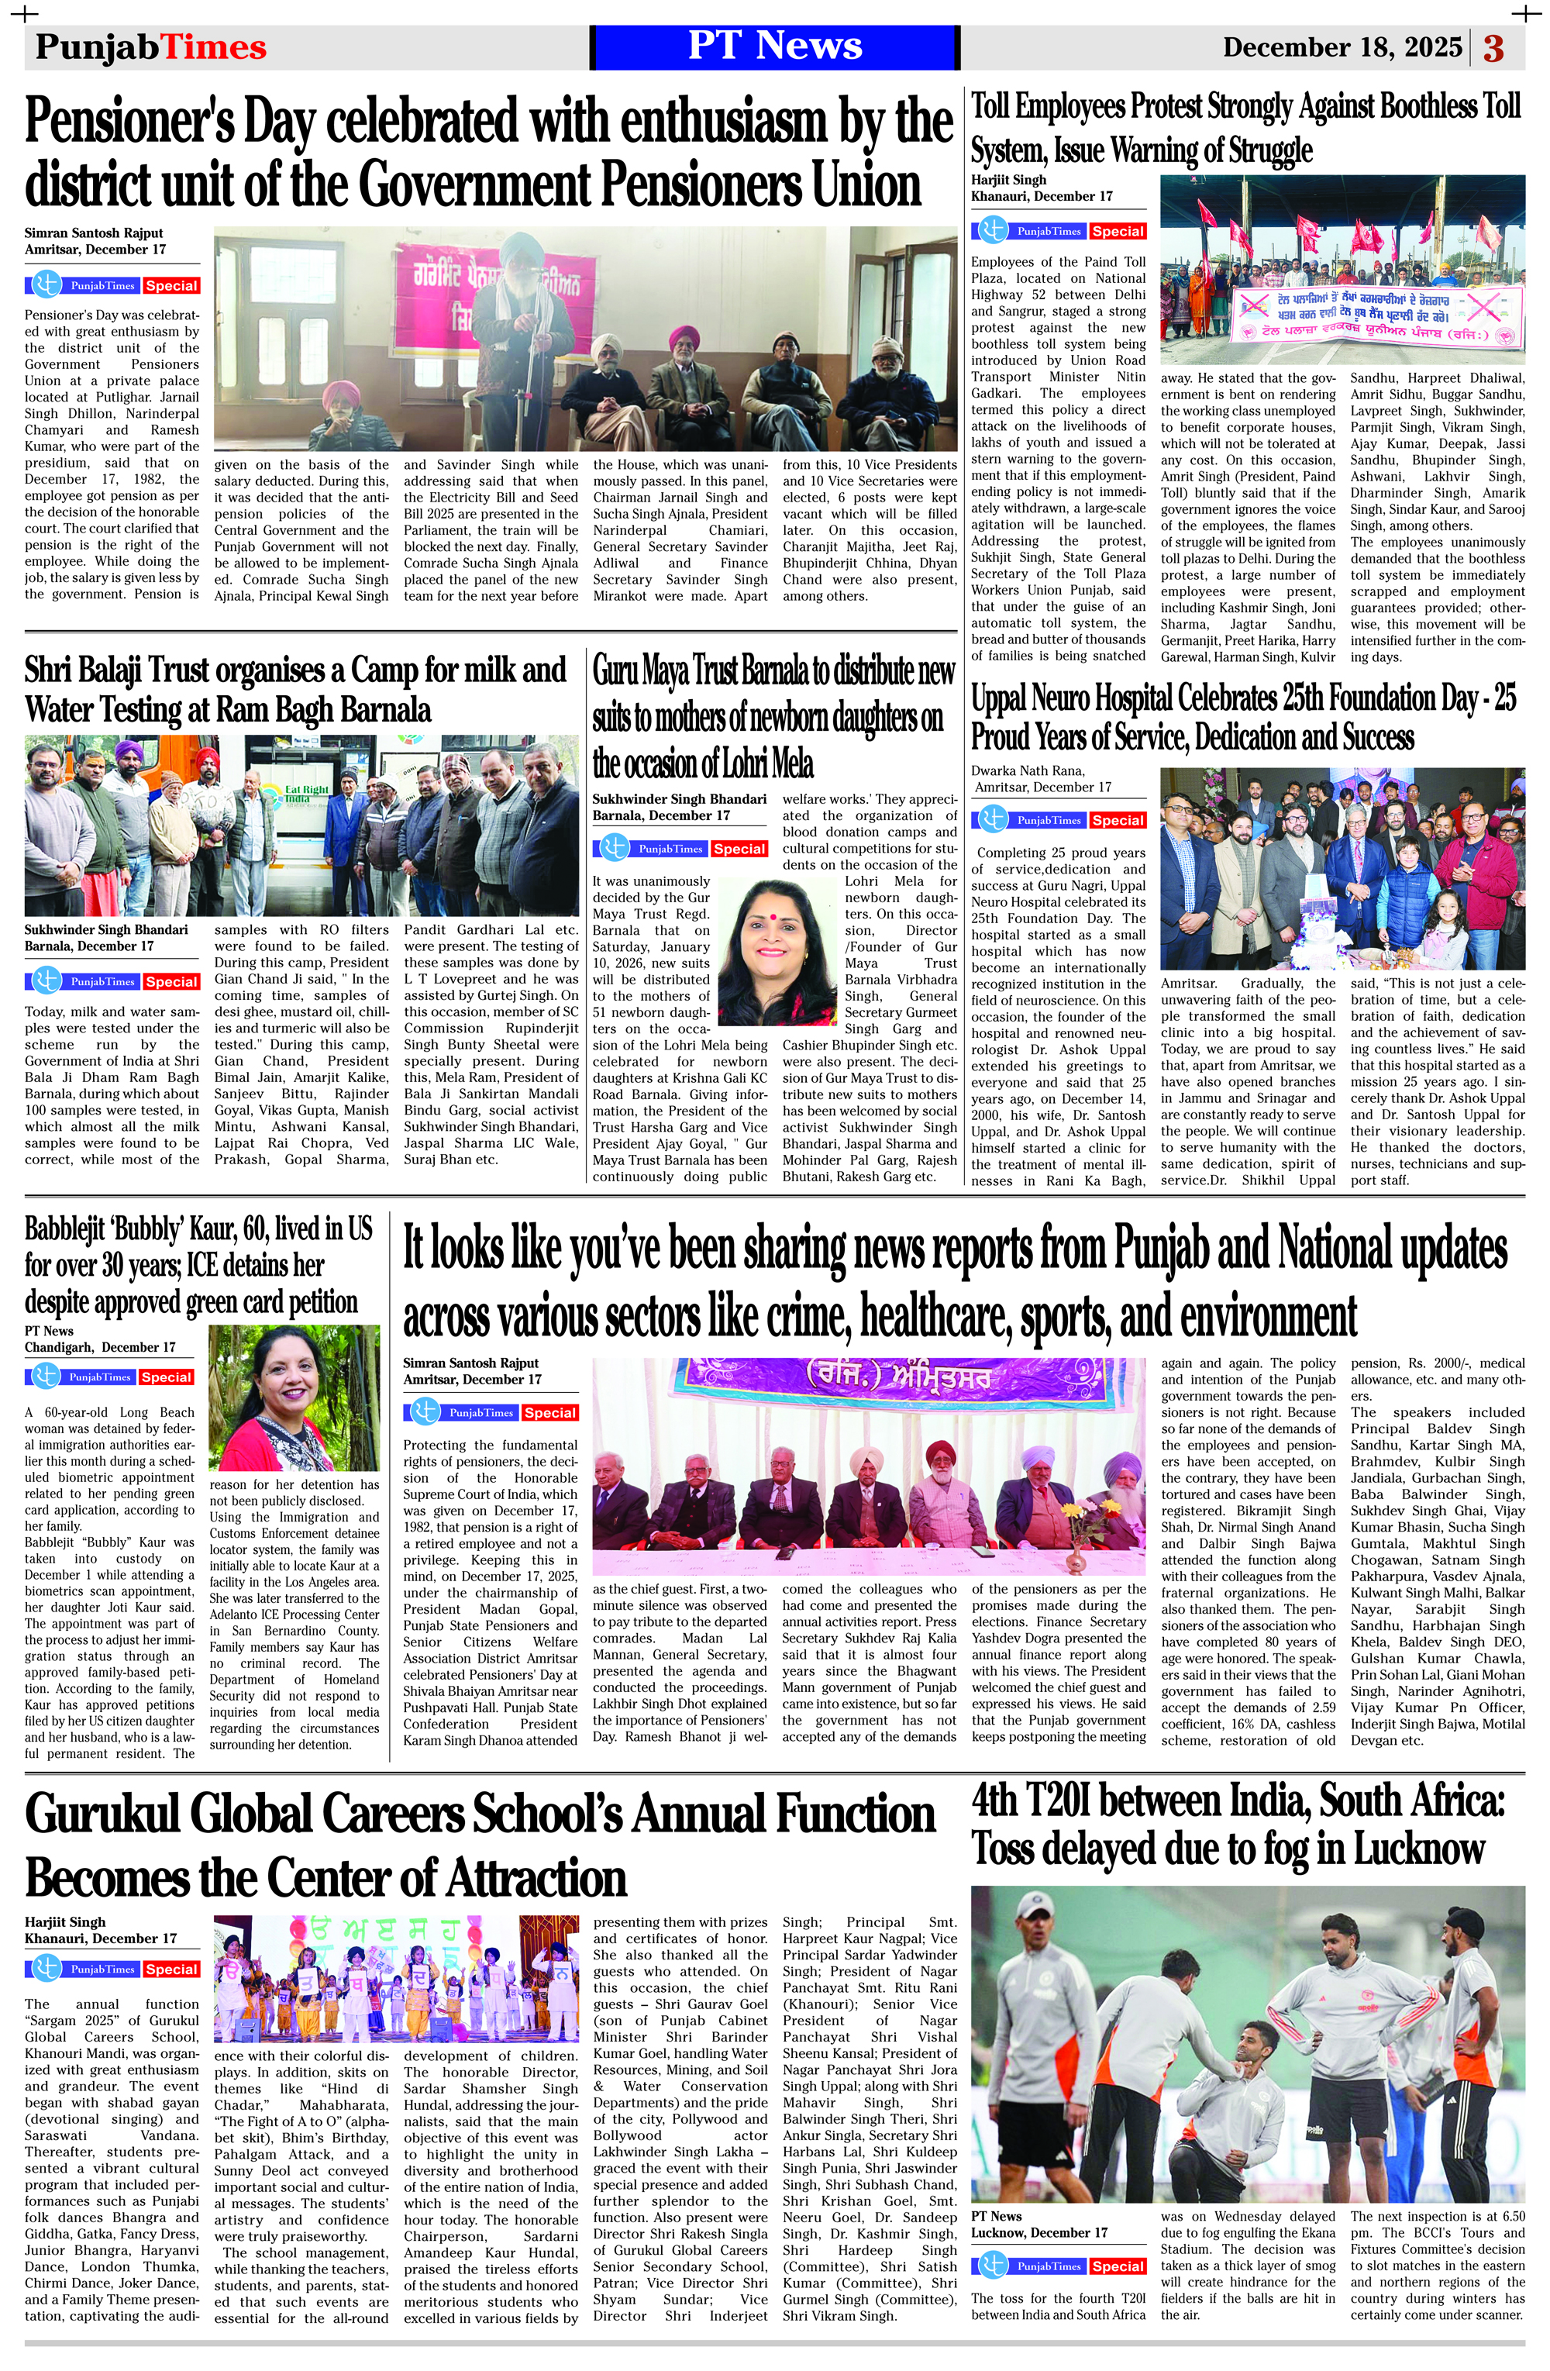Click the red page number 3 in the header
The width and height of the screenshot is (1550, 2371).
[x=1493, y=48]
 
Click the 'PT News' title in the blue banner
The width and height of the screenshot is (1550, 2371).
[x=774, y=46]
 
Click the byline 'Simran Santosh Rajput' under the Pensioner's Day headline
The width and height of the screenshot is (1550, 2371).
[x=94, y=233]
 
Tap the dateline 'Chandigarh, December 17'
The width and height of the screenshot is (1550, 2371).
[x=100, y=1347]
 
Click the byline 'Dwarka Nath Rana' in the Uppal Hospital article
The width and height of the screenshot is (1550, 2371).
[x=1027, y=770]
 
